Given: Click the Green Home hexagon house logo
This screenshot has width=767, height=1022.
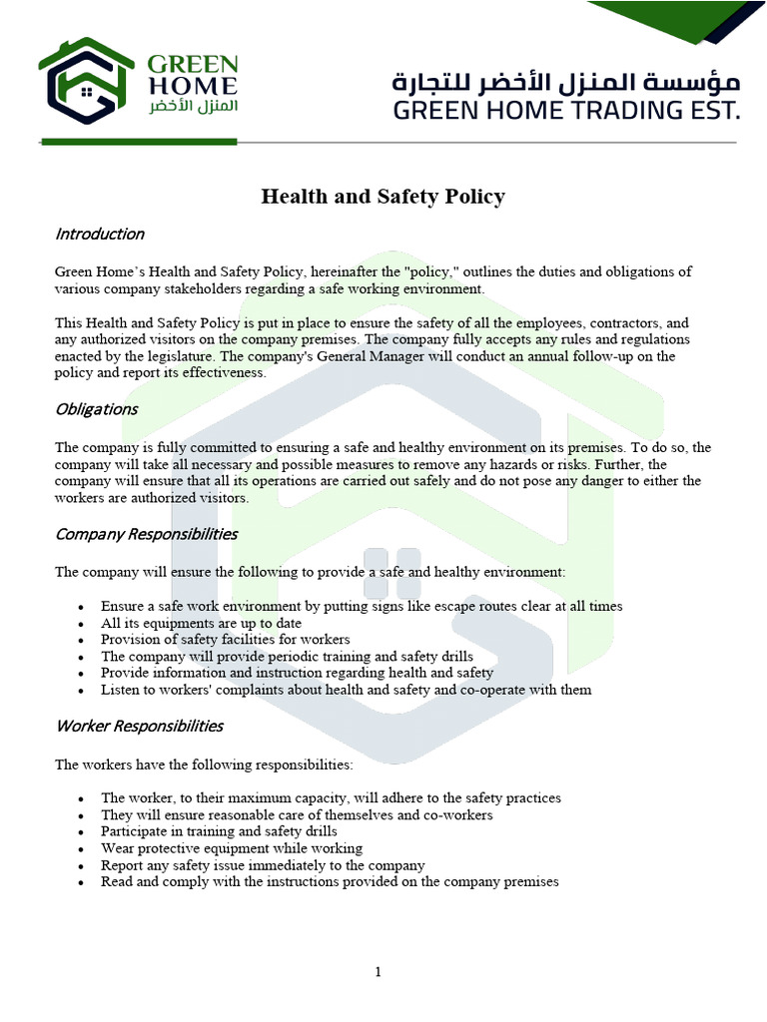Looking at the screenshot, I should click(87, 82).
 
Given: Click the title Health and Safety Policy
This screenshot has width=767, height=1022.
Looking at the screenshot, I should click(383, 197).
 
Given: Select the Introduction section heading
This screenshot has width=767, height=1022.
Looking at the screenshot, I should click(99, 234).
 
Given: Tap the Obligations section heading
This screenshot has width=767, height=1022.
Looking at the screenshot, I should click(96, 409).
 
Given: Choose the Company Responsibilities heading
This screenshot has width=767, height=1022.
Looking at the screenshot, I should click(146, 534).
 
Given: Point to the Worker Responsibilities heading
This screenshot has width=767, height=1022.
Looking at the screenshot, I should click(139, 726).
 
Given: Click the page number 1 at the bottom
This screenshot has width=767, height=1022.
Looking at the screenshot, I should click(379, 973).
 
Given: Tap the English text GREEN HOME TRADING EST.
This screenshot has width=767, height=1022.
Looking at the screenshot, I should click(566, 110).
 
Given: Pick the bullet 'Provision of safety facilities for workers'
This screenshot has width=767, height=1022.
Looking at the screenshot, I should click(225, 639).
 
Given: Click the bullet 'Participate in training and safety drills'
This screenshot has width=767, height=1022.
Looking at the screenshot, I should click(219, 831).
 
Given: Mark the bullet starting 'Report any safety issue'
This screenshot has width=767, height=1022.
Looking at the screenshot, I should click(263, 865).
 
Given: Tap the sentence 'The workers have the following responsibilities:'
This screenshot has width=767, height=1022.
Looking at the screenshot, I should click(204, 765).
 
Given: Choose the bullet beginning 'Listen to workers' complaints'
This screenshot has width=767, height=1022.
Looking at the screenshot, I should click(346, 690).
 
